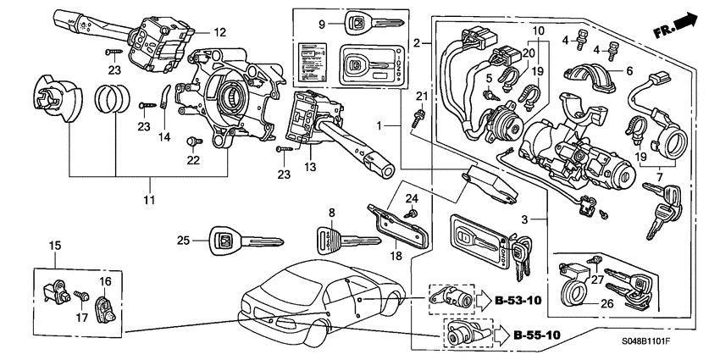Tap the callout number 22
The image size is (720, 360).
193,159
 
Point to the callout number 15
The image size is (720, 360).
55,246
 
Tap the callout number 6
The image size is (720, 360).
629,73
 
